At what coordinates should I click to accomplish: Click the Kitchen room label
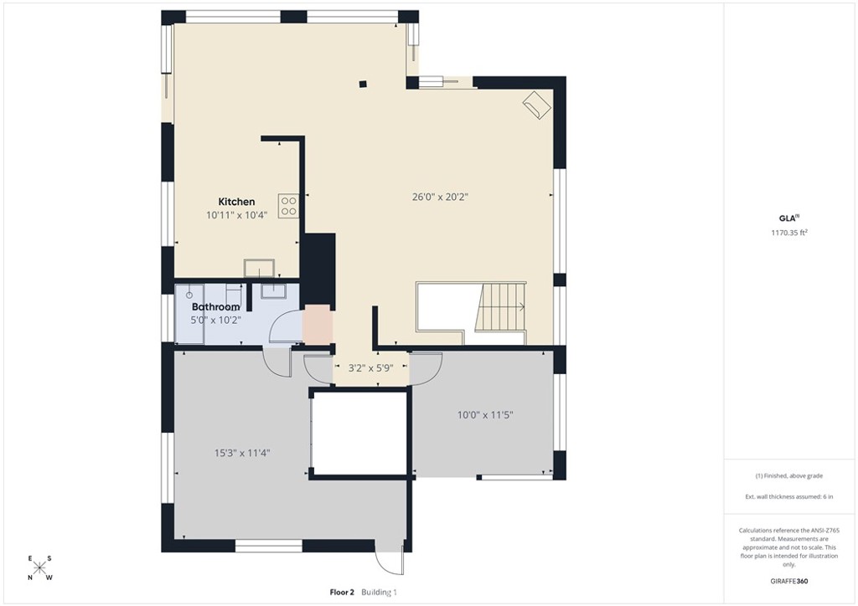pyautogui.click(x=236, y=202)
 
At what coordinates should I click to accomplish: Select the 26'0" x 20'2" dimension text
pyautogui.click(x=439, y=198)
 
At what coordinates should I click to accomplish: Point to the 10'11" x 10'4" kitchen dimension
pyautogui.click(x=236, y=215)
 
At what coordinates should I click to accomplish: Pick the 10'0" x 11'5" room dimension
pyautogui.click(x=485, y=414)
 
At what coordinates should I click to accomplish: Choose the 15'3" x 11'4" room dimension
pyautogui.click(x=241, y=453)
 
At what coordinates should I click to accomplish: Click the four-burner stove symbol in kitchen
pyautogui.click(x=289, y=206)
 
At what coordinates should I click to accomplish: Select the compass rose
pyautogui.click(x=39, y=567)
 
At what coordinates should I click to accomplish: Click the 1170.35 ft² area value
pyautogui.click(x=789, y=234)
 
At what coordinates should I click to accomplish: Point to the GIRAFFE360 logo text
pyautogui.click(x=790, y=581)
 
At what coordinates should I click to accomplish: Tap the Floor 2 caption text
pyautogui.click(x=343, y=593)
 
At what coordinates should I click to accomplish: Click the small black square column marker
pyautogui.click(x=362, y=83)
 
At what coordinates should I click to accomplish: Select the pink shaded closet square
pyautogui.click(x=318, y=325)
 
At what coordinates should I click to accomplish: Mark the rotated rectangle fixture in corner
pyautogui.click(x=536, y=105)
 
